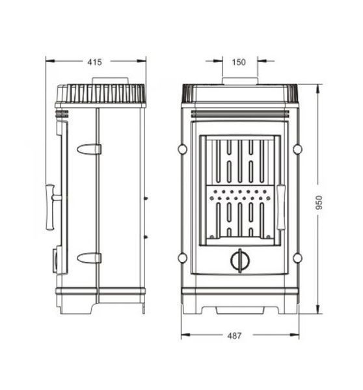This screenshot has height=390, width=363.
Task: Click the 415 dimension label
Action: [x=94, y=62]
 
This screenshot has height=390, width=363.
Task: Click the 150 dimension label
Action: [x=239, y=62]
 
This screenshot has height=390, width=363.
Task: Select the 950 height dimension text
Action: [x=319, y=202]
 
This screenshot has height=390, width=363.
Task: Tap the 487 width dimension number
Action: [x=234, y=336]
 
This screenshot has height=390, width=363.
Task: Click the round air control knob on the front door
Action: [x=240, y=261]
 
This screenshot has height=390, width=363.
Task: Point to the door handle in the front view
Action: [x=281, y=207]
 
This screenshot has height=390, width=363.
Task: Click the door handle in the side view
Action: [x=52, y=207]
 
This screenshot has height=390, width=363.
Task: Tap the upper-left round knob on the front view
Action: [x=183, y=149]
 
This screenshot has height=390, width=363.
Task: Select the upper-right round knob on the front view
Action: [x=297, y=149]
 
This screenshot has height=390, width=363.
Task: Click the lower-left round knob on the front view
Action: [x=183, y=258]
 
